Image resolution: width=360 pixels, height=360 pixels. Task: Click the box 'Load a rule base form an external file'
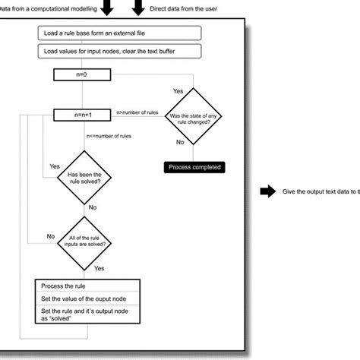(x=118, y=33)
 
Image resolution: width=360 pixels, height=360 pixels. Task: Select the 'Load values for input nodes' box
(x=118, y=52)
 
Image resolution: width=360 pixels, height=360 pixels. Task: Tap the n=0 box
(x=83, y=74)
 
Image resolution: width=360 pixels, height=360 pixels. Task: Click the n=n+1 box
(x=83, y=115)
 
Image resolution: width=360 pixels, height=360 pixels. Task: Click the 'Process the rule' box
(x=87, y=286)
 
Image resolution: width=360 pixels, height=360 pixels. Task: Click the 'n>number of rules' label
(x=137, y=112)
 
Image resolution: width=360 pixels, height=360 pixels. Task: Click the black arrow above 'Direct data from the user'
(x=141, y=6)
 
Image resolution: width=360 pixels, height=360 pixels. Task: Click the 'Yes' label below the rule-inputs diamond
(x=99, y=267)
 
